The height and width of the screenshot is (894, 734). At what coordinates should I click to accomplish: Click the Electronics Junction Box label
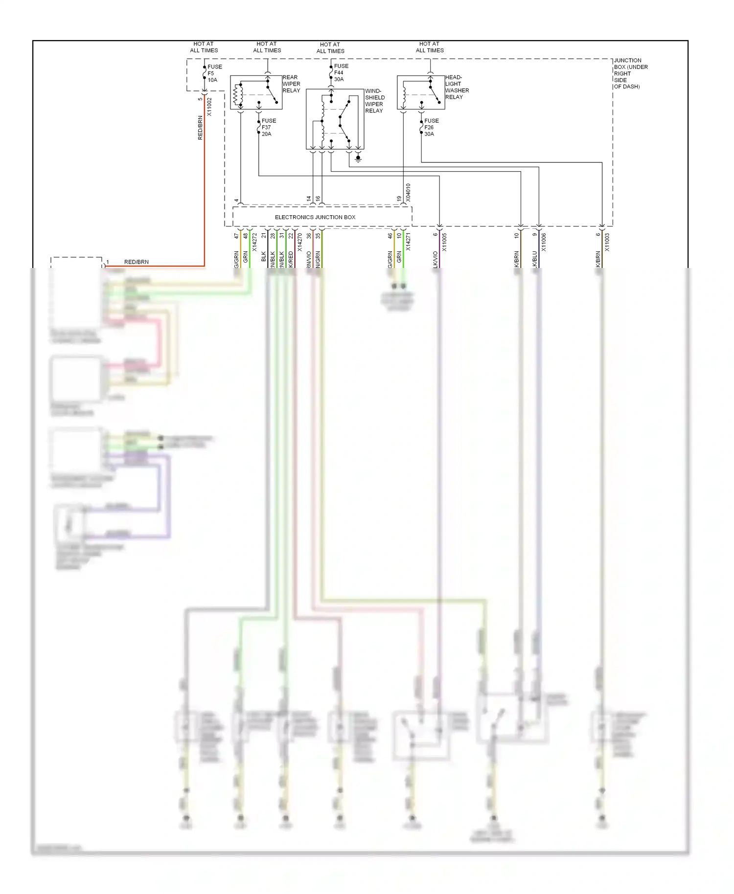[x=315, y=217]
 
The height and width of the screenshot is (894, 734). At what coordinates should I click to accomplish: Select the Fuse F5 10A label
[x=214, y=73]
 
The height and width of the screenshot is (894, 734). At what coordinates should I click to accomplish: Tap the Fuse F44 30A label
[x=341, y=72]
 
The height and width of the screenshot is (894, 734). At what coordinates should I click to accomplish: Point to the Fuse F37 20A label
[x=268, y=127]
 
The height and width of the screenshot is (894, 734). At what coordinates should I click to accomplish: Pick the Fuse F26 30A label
[x=431, y=127]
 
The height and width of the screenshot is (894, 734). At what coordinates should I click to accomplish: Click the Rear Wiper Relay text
[x=291, y=84]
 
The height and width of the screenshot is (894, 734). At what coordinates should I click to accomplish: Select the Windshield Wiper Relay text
[x=374, y=101]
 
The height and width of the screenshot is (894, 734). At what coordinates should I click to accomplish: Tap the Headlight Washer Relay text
[x=457, y=87]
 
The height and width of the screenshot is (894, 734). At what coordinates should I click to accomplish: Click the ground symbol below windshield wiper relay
[x=358, y=158]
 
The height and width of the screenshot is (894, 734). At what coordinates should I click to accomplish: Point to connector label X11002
[x=209, y=107]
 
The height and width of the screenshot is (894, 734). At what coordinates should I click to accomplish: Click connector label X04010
[x=408, y=193]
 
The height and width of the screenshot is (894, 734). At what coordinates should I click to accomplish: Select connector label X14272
[x=254, y=242]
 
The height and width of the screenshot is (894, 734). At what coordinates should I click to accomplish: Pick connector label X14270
[x=299, y=242]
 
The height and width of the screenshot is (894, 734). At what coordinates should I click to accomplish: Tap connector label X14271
[x=408, y=242]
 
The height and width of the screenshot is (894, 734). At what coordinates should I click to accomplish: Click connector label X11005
[x=444, y=242]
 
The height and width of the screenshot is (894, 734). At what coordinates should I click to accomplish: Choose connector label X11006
[x=544, y=242]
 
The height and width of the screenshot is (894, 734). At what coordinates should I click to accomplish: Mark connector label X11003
[x=607, y=242]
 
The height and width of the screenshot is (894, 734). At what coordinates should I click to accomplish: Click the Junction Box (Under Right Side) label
[x=630, y=73]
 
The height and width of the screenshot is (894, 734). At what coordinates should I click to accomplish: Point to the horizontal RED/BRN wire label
[x=136, y=262]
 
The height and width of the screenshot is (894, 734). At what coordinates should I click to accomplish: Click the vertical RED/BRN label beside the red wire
[x=200, y=128]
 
